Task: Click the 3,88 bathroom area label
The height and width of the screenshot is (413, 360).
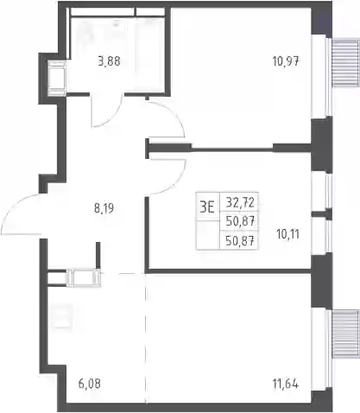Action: [109, 61]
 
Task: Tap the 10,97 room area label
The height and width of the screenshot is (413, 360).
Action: [287, 61]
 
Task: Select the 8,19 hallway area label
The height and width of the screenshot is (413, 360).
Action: [104, 208]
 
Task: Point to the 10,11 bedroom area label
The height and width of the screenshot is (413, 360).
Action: [287, 234]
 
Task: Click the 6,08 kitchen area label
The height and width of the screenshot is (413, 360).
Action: [90, 384]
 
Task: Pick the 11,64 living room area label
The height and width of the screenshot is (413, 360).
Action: [286, 384]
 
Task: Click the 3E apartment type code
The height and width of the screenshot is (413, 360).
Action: [207, 207]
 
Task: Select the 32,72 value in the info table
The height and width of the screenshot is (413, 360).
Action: [240, 203]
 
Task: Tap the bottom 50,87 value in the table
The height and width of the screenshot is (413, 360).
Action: [240, 240]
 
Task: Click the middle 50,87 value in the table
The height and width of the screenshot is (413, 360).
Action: [240, 221]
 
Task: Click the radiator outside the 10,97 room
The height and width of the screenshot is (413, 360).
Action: [345, 63]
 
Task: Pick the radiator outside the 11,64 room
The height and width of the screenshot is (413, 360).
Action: [345, 334]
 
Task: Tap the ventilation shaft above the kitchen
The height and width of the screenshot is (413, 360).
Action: [84, 277]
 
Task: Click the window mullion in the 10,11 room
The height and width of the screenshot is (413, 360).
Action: [322, 214]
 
